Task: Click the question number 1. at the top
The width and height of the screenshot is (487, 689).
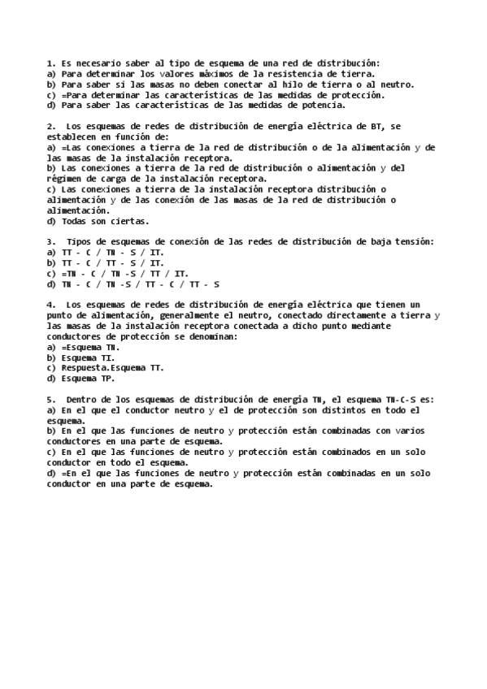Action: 50,63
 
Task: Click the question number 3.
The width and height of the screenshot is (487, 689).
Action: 50,242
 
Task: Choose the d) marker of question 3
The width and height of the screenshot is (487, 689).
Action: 51,284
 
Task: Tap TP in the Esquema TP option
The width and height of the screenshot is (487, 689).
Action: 109,379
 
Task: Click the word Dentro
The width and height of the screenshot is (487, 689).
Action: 83,400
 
